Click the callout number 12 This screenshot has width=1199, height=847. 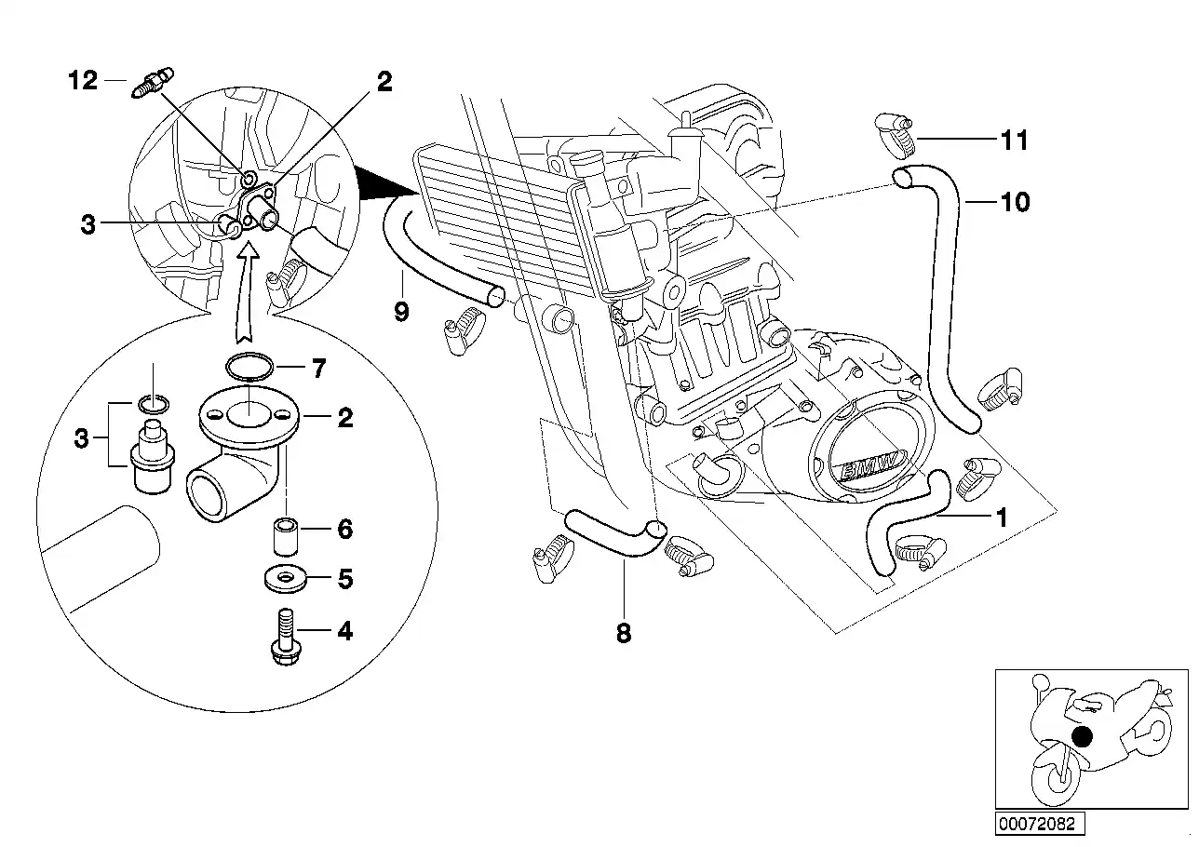pos(83,81)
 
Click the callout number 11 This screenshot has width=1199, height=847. pos(1014,141)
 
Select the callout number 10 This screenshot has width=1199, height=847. pos(1016,201)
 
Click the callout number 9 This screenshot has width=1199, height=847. pos(401,311)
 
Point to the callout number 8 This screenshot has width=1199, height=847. pos(624,633)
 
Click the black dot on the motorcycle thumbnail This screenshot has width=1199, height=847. pos(1081,736)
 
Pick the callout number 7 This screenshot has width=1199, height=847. pos(319,370)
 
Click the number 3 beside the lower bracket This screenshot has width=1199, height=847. pos(82,437)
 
